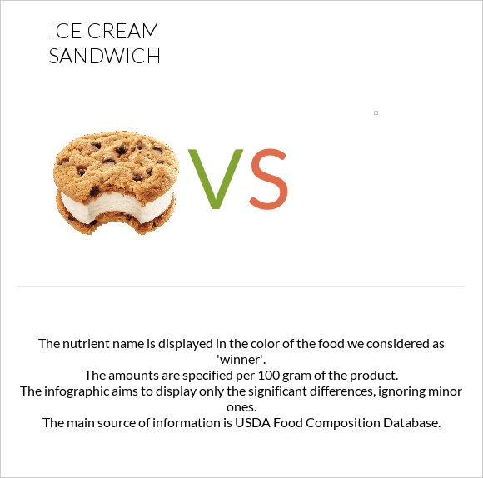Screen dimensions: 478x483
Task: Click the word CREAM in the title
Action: [x=123, y=32]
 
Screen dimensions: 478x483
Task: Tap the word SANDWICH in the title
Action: [x=104, y=57]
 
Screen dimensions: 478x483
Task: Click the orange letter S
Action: [x=268, y=179]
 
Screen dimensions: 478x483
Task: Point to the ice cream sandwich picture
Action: [x=117, y=182]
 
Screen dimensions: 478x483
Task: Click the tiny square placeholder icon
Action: [x=376, y=112]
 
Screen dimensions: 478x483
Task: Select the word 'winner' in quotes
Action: [x=241, y=359]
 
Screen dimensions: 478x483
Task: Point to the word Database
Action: [x=408, y=422]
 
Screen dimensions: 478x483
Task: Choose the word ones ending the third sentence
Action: [x=241, y=406]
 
